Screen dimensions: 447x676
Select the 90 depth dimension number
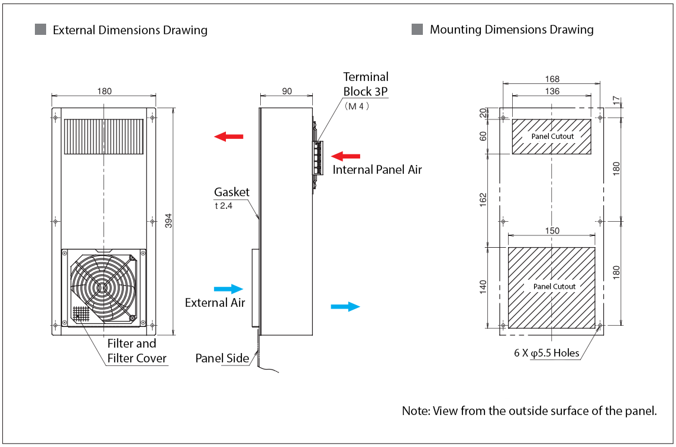(x=286, y=91)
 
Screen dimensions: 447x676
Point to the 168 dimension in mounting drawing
(x=552, y=79)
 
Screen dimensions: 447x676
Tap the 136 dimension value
(x=552, y=91)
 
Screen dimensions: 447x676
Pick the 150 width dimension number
(x=552, y=231)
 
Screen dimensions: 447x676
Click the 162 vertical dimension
(x=483, y=200)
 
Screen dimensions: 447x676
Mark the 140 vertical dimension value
(x=483, y=287)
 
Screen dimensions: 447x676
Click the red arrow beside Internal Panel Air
(x=345, y=156)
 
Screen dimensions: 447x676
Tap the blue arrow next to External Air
(x=228, y=289)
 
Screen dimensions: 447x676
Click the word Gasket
(x=232, y=192)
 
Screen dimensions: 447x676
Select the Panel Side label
(x=222, y=358)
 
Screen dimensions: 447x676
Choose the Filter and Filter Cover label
(x=135, y=351)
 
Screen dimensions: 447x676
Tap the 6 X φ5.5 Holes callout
(x=546, y=354)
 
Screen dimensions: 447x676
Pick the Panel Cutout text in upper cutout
(x=552, y=137)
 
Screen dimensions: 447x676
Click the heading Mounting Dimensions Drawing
(x=512, y=30)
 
